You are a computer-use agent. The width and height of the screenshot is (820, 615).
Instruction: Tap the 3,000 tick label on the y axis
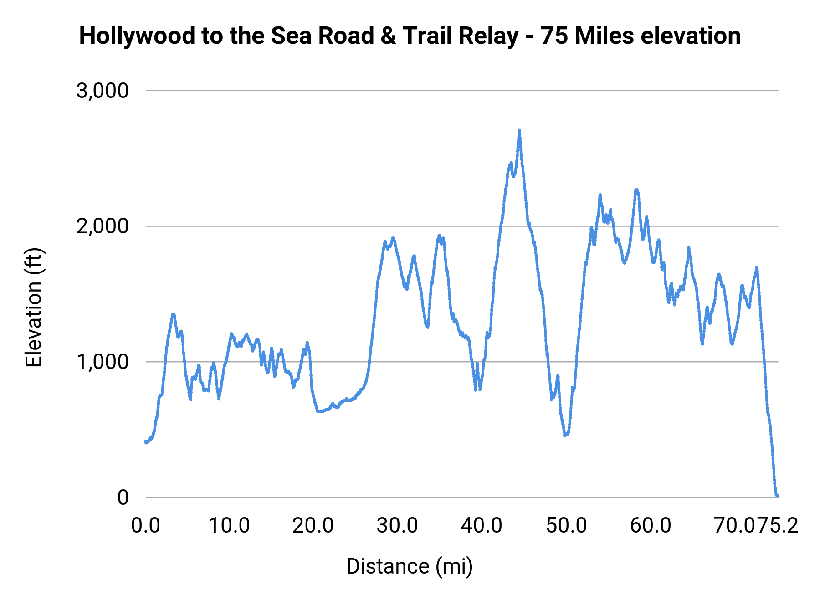(102, 91)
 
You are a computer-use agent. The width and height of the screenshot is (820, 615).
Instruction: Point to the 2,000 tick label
(102, 226)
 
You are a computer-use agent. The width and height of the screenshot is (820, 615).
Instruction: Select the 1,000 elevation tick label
(102, 362)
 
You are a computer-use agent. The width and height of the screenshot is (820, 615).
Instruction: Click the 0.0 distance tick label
(146, 525)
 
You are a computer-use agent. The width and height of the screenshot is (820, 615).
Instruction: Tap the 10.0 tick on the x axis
(229, 525)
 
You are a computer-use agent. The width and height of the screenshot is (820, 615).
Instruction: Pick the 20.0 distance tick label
(313, 525)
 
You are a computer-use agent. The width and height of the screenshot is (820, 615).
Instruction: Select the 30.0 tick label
(397, 525)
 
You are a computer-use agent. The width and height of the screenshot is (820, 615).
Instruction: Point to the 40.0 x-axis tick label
(482, 525)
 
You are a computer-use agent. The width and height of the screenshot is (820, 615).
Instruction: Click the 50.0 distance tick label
(566, 525)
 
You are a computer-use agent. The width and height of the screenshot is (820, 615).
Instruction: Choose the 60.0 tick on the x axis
(651, 525)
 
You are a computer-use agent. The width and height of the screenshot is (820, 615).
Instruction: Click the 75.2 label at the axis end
(779, 525)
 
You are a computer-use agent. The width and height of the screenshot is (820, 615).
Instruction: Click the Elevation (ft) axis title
(34, 307)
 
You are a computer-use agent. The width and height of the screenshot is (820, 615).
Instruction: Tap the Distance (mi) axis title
(410, 566)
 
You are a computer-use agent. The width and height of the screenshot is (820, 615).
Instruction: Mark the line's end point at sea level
(778, 496)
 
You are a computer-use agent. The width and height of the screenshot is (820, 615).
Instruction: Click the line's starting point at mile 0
(146, 442)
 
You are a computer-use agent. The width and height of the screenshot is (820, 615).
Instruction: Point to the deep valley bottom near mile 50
(565, 436)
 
